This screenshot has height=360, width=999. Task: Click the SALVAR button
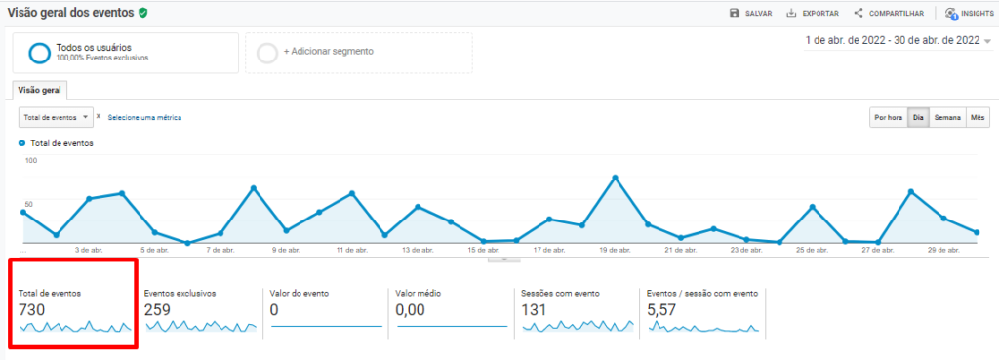(x=751, y=13)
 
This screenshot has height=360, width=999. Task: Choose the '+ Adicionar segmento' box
(x=362, y=52)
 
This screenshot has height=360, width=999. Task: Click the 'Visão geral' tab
(x=40, y=90)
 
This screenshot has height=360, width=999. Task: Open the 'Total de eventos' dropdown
(x=56, y=117)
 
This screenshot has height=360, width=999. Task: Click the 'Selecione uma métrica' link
(x=144, y=117)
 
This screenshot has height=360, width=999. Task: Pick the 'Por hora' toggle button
(x=888, y=117)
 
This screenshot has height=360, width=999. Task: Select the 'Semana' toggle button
(x=947, y=117)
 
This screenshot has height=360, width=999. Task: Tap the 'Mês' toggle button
(x=978, y=117)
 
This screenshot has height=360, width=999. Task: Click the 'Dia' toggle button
(x=918, y=117)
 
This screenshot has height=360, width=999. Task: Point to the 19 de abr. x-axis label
(x=614, y=250)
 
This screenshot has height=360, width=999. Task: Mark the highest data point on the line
(x=616, y=178)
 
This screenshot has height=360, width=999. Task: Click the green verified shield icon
(x=143, y=12)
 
